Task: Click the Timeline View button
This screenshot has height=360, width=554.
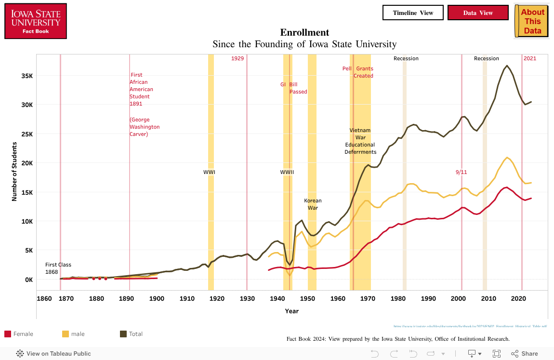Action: [413, 13]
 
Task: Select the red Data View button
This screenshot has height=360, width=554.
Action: [478, 13]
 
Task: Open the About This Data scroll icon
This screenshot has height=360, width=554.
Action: [532, 21]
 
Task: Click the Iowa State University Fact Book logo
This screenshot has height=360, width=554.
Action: [36, 21]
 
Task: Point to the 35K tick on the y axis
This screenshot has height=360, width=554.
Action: [26, 76]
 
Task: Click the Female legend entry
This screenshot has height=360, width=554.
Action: [19, 334]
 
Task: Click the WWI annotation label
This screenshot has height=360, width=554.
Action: [209, 172]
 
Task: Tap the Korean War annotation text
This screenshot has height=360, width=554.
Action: [313, 204]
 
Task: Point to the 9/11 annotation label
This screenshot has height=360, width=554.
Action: [461, 172]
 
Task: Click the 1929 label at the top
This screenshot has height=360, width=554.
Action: [237, 58]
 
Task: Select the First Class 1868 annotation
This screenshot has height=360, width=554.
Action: [58, 268]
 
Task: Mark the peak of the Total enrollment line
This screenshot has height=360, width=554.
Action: [507, 66]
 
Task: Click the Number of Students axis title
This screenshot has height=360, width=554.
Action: [14, 171]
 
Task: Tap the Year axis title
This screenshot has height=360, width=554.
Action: [291, 311]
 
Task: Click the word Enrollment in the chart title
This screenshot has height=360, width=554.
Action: [304, 32]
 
